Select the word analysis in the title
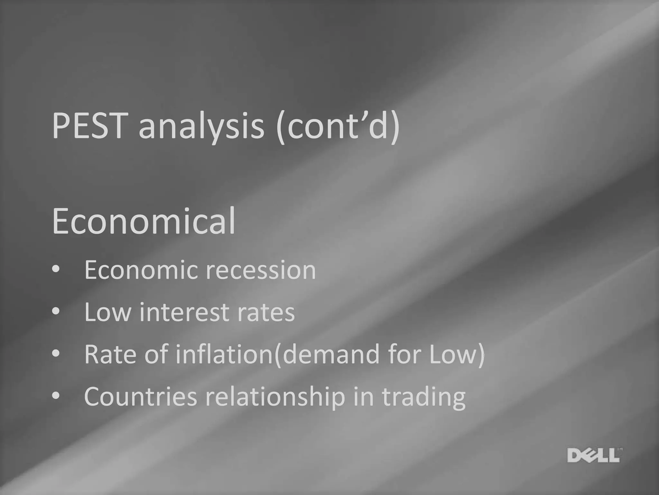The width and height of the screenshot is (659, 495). tap(201, 127)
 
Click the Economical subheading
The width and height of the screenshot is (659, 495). tap(144, 221)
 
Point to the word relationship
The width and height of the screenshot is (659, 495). tap(275, 397)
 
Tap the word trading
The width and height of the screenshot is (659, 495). tap(424, 397)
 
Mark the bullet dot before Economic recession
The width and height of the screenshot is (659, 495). tap(56, 270)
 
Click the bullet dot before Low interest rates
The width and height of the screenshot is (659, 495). tap(56, 312)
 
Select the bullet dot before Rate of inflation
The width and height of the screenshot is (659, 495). tap(56, 354)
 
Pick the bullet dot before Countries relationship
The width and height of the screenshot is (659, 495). tap(56, 396)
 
